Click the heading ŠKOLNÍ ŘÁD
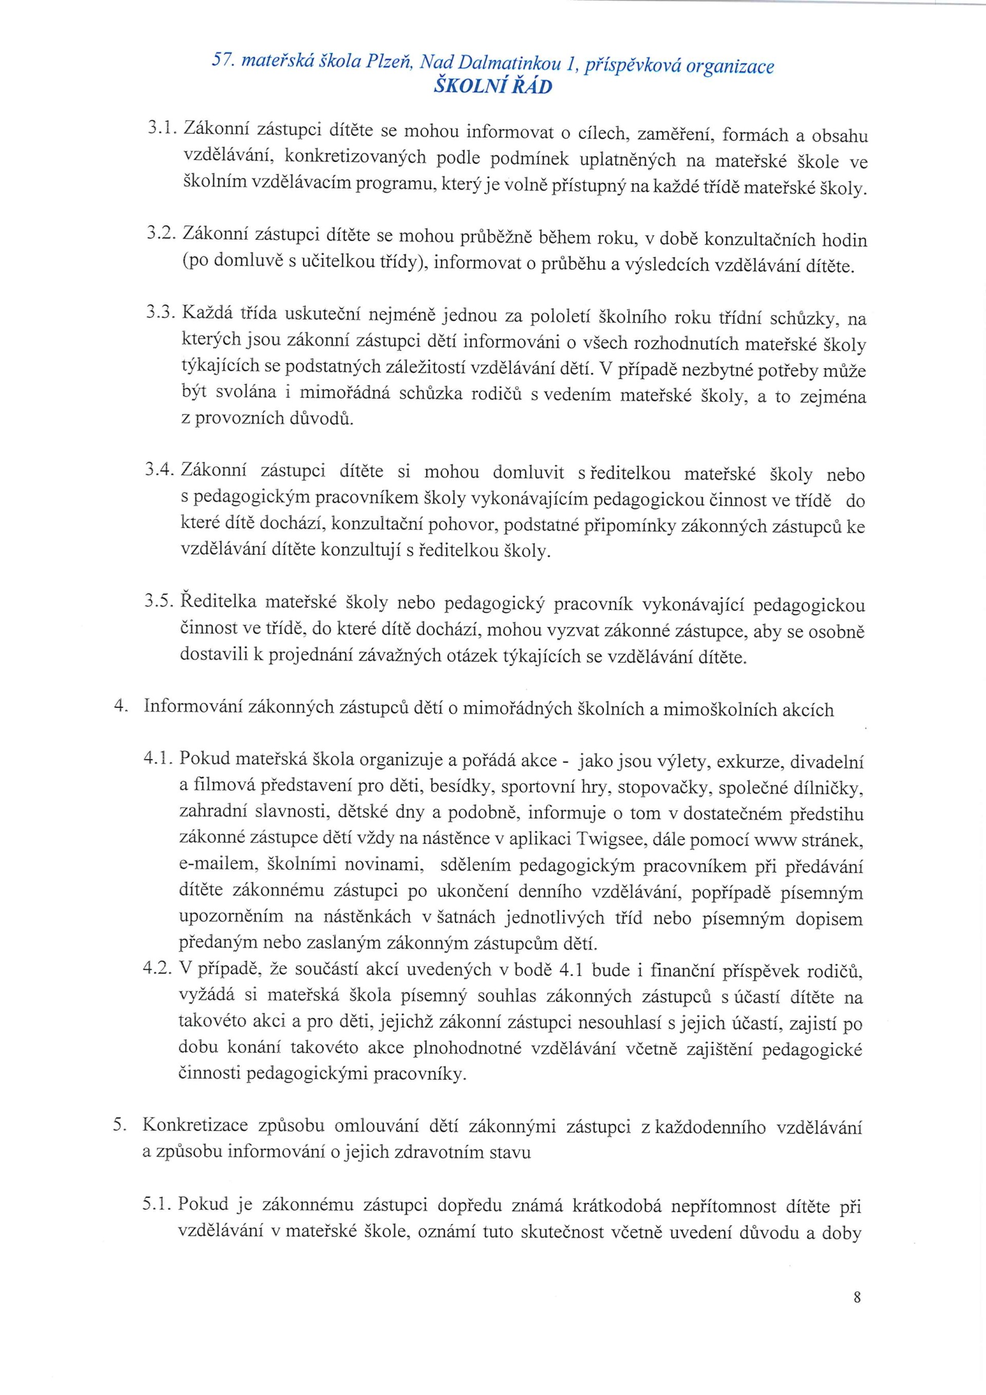[x=492, y=87]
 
